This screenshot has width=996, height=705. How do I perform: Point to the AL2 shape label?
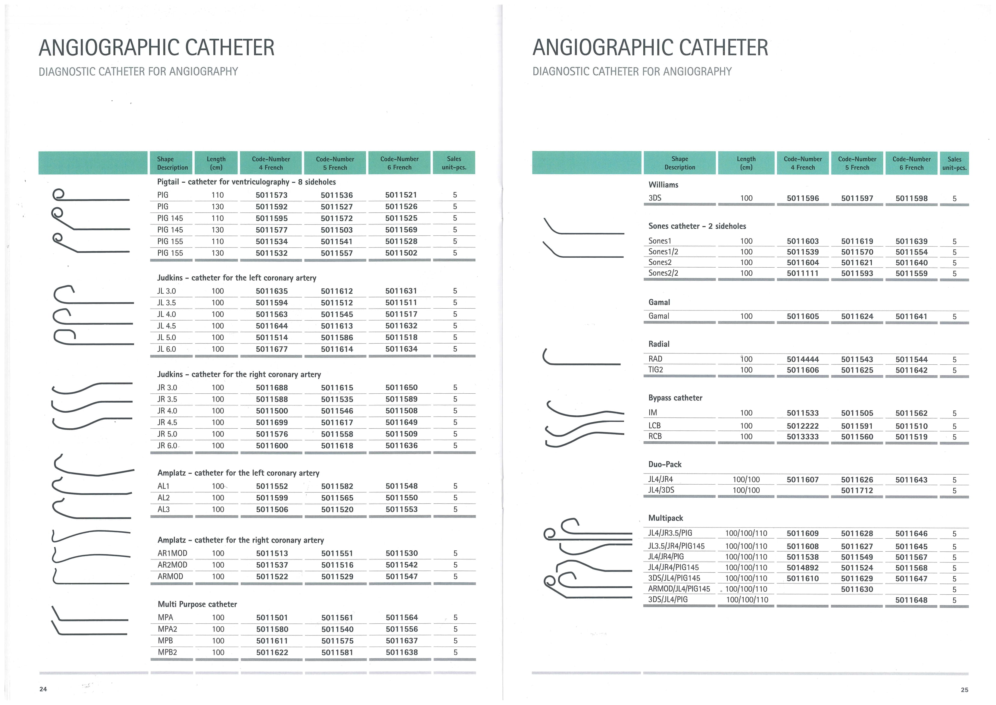[x=164, y=498]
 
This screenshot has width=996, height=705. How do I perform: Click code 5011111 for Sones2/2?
[x=803, y=273]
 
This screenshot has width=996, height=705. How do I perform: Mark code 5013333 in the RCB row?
[x=803, y=437]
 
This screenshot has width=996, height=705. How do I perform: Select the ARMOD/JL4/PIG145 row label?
[x=679, y=589]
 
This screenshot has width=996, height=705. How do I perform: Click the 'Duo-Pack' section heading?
[x=665, y=464]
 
